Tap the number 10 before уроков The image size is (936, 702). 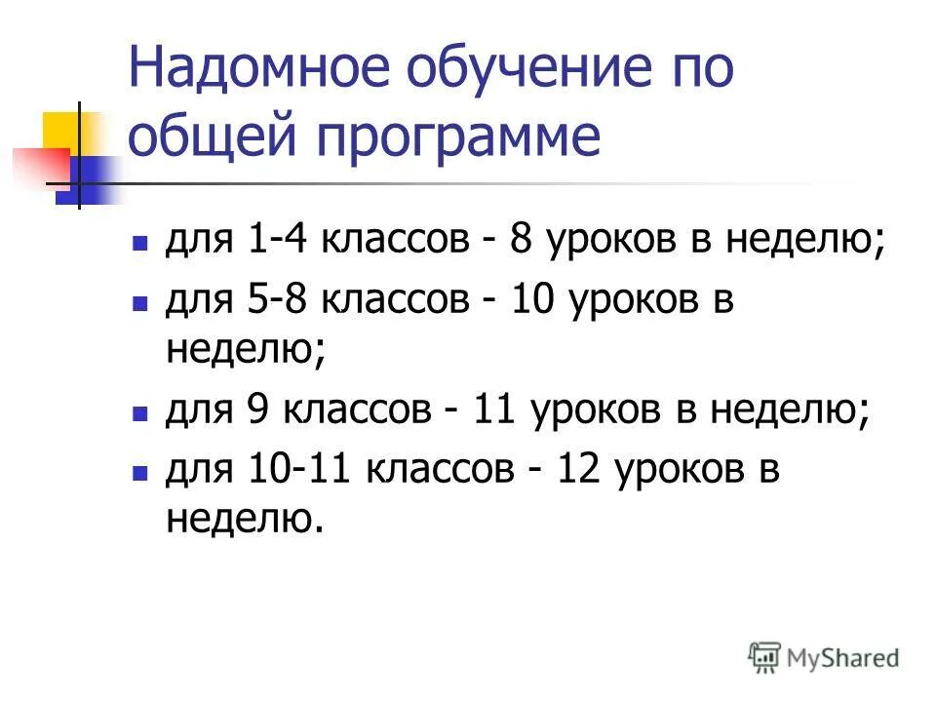(x=529, y=301)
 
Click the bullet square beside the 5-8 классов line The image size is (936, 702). (x=139, y=303)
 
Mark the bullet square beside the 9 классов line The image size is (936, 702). (x=139, y=413)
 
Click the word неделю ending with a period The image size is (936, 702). (x=243, y=521)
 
